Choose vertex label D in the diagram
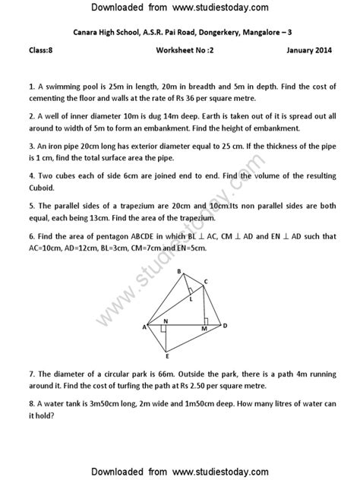(225, 327)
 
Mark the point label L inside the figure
(191, 298)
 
